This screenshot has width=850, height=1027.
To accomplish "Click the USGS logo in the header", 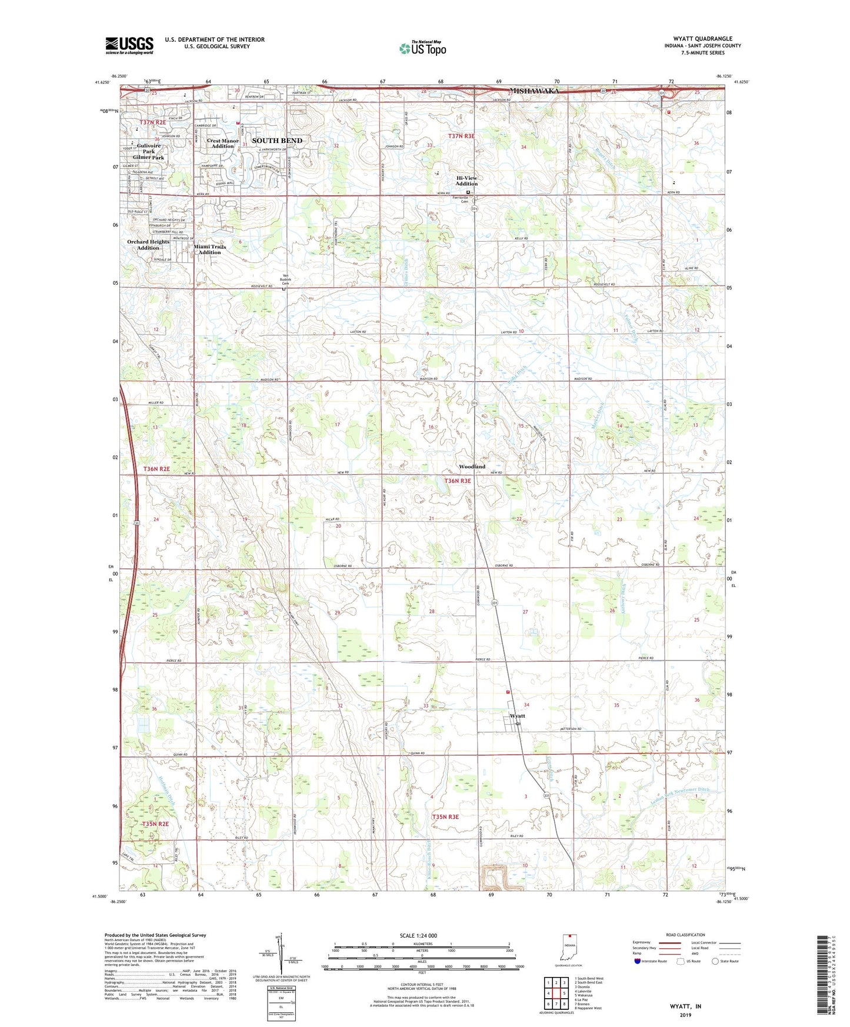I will (x=129, y=45).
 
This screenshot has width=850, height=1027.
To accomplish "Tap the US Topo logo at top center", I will (x=422, y=48).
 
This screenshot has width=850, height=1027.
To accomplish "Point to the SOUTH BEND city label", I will (x=277, y=141).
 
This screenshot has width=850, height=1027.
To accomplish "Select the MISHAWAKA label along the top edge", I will (x=534, y=91).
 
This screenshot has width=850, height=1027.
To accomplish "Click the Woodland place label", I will (x=472, y=466).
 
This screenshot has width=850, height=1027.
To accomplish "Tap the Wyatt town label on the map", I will (x=517, y=716).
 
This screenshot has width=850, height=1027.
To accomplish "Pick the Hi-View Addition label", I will (x=466, y=181).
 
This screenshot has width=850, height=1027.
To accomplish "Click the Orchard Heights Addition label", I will (x=148, y=245).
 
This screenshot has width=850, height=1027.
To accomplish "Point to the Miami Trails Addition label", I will (x=210, y=249).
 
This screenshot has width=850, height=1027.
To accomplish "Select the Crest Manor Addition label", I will (x=223, y=144).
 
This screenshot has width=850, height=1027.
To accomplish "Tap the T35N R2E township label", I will (x=155, y=824).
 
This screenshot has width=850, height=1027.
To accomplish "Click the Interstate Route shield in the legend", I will (x=638, y=961).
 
